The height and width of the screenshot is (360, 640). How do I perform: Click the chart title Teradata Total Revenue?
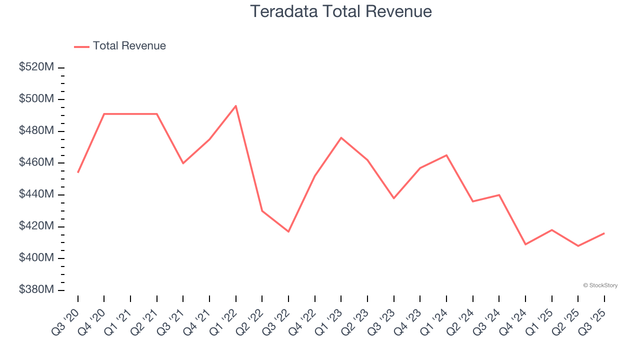click(x=340, y=11)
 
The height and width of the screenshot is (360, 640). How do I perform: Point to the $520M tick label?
click(x=36, y=67)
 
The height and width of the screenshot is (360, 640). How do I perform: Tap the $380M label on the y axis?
click(x=36, y=290)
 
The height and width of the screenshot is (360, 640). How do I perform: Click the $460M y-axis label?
click(x=36, y=162)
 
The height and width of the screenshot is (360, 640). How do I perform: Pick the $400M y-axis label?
click(x=36, y=258)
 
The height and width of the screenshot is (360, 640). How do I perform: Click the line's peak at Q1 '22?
click(x=236, y=105)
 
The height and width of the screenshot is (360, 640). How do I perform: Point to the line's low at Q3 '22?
click(x=288, y=231)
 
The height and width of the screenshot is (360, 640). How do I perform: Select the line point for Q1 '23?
click(x=341, y=137)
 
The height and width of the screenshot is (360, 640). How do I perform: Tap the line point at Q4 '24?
click(x=525, y=244)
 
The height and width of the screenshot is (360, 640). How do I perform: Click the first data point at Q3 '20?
click(x=78, y=172)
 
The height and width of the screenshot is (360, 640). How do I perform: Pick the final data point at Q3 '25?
click(x=604, y=233)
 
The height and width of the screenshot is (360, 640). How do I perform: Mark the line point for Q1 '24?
click(x=446, y=155)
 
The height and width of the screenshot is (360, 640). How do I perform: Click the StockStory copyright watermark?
click(x=600, y=285)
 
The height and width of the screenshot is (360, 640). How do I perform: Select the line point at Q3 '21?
click(x=183, y=163)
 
